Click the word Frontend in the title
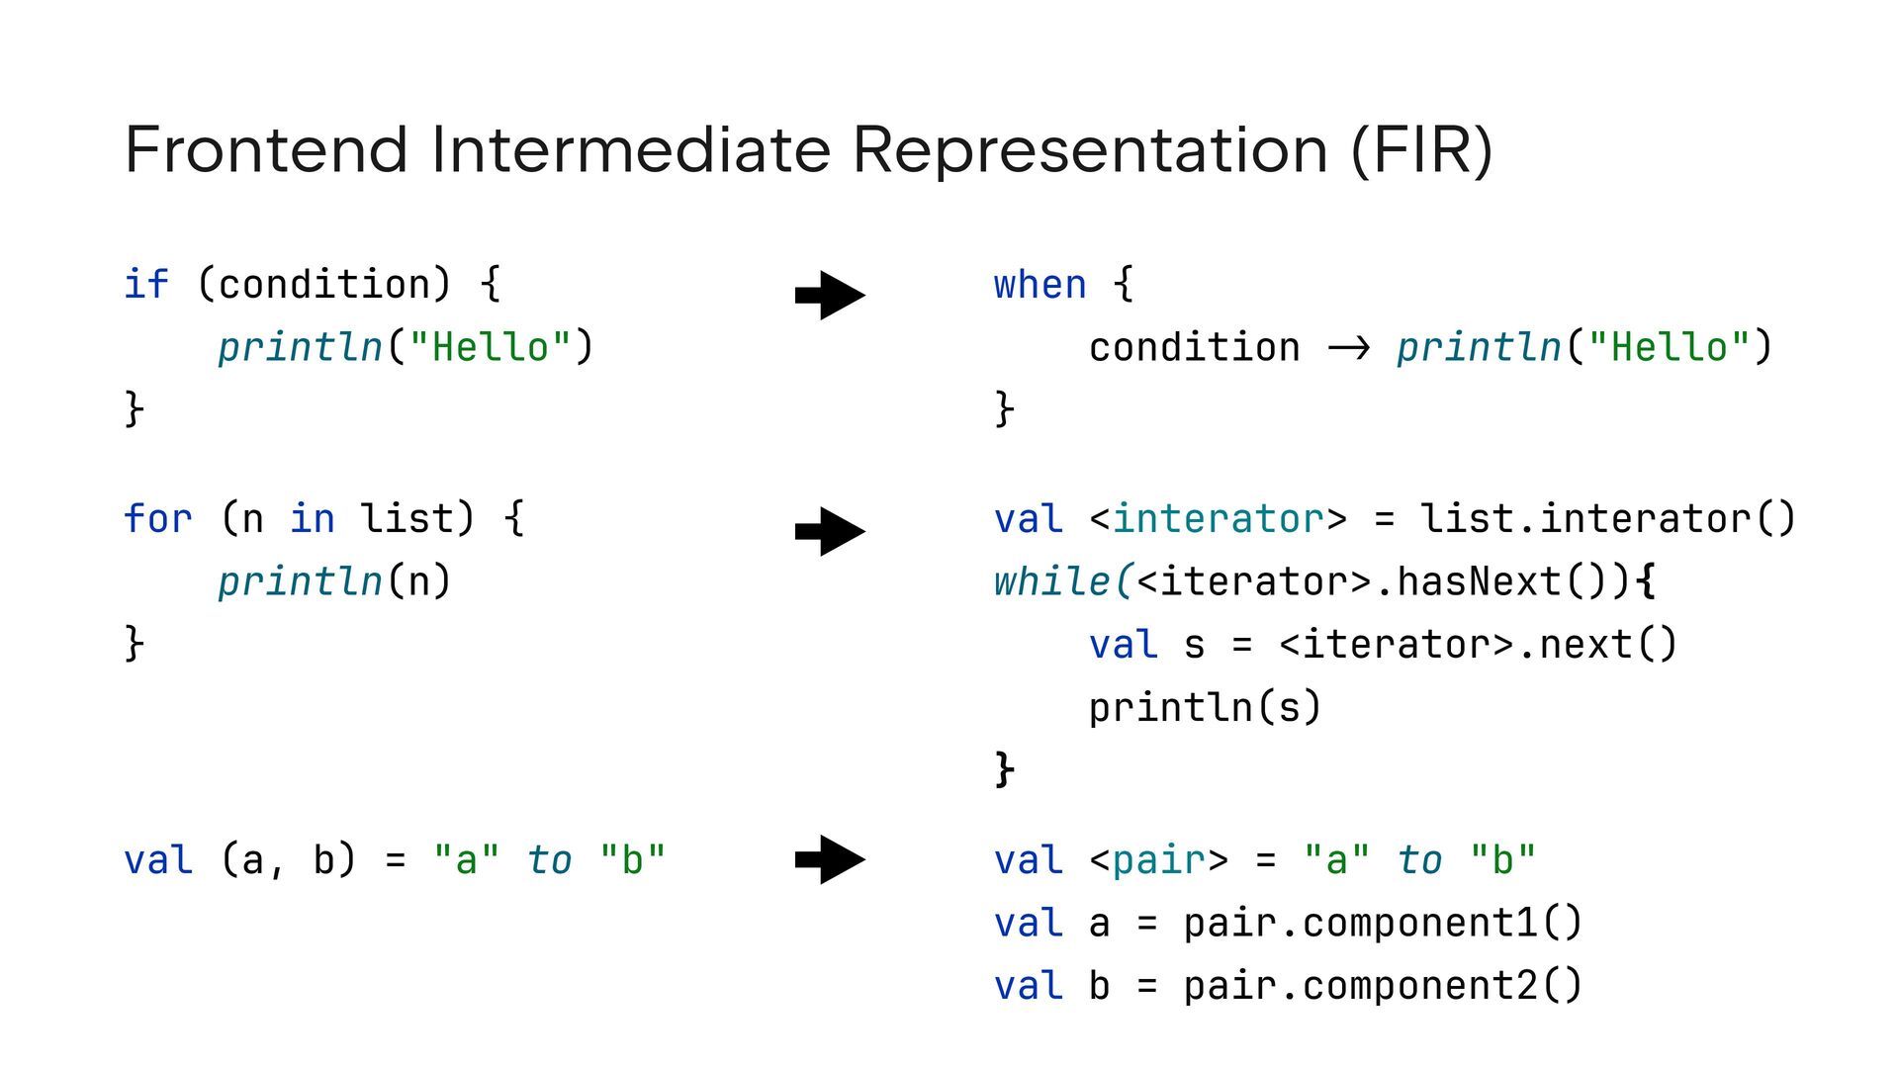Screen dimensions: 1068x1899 tap(266, 150)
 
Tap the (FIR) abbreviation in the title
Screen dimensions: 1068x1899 tap(1421, 150)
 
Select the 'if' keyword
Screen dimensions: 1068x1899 tap(146, 285)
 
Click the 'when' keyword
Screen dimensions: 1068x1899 tap(1040, 285)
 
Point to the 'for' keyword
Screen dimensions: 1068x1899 tap(158, 519)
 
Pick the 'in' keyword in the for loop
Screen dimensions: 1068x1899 tap(312, 519)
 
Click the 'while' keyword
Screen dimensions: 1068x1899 tap(1052, 581)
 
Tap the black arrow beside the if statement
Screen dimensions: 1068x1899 tap(830, 295)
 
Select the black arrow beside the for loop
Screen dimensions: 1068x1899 tap(830, 532)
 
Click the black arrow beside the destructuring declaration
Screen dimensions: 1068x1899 tap(830, 859)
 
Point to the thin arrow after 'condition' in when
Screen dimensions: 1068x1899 tap(1349, 348)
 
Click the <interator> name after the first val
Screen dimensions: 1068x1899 tap(1218, 519)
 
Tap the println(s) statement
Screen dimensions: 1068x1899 tap(1205, 707)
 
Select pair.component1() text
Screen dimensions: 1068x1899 tap(1383, 924)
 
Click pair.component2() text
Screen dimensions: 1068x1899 tap(1383, 986)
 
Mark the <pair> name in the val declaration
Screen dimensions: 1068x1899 tap(1159, 860)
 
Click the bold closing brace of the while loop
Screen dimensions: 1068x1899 tap(1004, 768)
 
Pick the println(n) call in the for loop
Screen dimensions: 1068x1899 tap(334, 581)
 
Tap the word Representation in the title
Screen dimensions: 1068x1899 tap(1090, 150)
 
